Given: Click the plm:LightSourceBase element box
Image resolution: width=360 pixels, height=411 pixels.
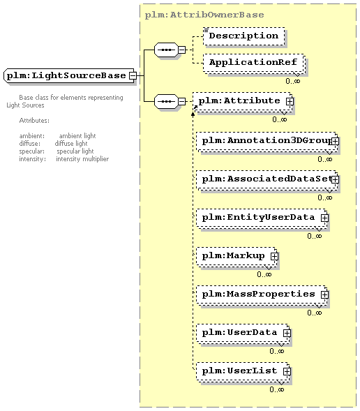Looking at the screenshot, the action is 69,76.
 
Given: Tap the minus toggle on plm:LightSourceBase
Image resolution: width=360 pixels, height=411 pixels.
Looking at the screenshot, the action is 133,76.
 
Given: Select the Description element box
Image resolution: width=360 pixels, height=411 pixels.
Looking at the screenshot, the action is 244,36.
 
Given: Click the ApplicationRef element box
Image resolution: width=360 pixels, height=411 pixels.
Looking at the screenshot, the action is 253,63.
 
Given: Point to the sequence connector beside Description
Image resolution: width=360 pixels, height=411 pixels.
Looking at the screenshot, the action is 166,50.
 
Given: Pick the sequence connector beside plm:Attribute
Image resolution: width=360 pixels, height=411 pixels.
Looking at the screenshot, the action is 166,101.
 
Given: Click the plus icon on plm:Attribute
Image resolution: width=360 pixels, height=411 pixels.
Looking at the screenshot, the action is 290,101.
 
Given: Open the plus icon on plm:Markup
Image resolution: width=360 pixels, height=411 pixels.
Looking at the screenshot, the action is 274,256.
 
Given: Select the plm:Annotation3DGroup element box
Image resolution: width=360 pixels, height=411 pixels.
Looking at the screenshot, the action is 267,141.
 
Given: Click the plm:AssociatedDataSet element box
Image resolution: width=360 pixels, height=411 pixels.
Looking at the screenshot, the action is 267,179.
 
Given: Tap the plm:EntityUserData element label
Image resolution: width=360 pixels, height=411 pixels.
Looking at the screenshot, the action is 258,217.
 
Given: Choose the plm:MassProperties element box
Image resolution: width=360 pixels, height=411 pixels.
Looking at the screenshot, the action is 262,294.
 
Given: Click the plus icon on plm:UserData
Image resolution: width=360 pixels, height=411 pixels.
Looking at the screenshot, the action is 287,333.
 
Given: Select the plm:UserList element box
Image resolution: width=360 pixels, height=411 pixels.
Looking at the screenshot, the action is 243,371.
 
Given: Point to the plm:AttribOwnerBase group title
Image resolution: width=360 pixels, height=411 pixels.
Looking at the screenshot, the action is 204,15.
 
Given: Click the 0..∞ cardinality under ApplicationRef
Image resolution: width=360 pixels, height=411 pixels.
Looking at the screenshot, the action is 292,81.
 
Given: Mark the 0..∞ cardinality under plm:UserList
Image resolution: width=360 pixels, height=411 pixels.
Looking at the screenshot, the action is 277,389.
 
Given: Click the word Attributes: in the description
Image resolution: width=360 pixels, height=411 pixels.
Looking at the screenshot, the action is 34,121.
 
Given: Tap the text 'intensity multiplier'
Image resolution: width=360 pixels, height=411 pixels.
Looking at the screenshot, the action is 82,159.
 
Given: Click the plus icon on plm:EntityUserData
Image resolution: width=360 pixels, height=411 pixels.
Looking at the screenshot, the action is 324,218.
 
